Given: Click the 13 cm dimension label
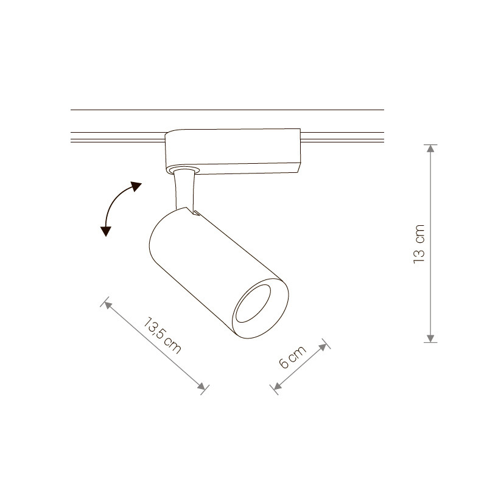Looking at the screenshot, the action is point(419,244).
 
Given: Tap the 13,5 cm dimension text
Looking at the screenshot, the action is point(162,335).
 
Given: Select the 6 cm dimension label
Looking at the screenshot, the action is point(293,357).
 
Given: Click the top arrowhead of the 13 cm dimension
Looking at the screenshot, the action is point(430,149).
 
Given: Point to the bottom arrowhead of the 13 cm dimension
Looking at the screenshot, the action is point(430,338).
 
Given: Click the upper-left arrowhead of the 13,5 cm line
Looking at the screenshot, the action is point(108,304).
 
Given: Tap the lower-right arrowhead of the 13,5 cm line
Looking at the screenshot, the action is point(201,387).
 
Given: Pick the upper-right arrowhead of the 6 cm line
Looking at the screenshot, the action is point(323,346).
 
